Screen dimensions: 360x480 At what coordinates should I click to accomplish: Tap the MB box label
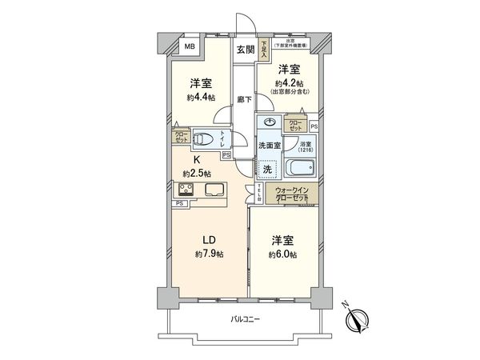point(190,47)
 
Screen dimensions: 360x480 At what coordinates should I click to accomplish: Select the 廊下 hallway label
point(245,101)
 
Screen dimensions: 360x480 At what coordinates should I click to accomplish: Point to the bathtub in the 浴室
point(301,170)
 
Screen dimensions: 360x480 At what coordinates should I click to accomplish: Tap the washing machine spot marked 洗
point(269,169)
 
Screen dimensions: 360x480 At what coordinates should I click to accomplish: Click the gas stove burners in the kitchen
point(188,190)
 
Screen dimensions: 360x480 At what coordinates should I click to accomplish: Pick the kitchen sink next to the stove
point(214,190)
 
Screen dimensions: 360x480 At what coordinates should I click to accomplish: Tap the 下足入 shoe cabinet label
point(264,47)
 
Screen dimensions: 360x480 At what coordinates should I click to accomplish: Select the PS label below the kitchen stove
point(179,204)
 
